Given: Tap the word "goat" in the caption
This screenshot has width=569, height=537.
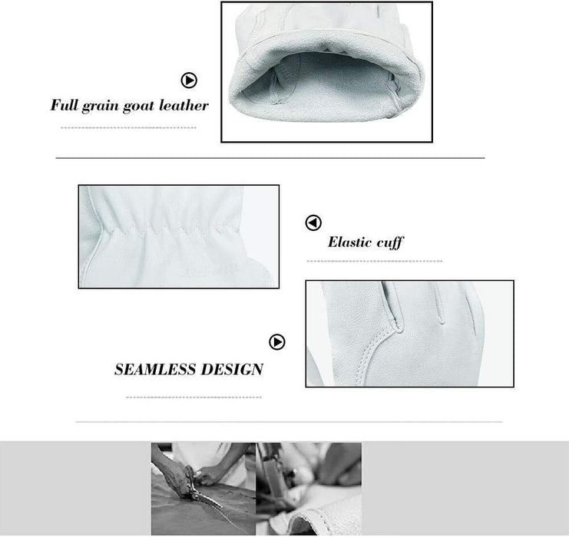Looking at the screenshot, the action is point(138,106).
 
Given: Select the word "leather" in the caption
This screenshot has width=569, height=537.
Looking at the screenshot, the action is point(184,105).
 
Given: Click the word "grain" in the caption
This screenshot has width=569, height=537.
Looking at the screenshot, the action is point(100,106).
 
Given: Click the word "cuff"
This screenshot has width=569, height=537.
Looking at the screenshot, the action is point(390,242).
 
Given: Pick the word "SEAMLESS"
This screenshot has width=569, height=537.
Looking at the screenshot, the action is point(155,369).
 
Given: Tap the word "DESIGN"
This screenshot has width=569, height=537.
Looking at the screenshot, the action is point(232,369).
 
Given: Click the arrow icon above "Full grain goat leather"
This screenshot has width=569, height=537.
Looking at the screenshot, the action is point(189,80).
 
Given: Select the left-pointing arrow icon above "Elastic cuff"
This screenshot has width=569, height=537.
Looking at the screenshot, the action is point(313,222).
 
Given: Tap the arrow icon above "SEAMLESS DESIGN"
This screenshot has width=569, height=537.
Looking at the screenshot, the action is point(277,342).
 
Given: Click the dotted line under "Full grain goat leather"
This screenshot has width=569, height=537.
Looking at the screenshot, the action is point(128,127).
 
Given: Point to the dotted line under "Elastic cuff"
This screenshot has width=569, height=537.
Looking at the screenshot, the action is point(375,261).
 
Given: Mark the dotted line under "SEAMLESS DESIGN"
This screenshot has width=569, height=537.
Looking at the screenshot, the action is point(194,397).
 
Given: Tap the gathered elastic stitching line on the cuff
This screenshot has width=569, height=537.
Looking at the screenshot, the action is point(170,229).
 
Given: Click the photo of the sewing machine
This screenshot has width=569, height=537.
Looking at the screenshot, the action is point(309,489).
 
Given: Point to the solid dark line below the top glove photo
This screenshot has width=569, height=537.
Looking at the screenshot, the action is point(270,158).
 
